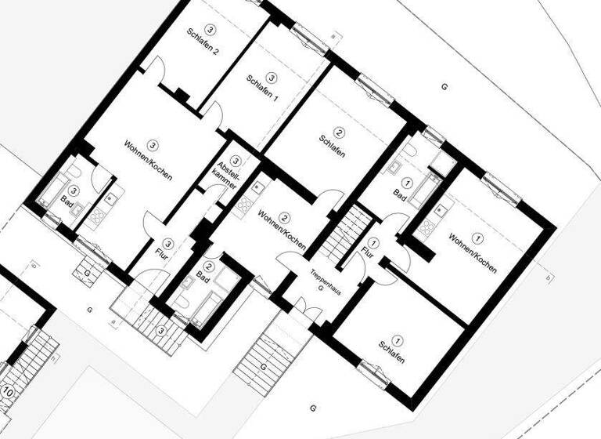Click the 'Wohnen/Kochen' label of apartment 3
coord(148,161)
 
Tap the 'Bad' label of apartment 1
coord(399,194)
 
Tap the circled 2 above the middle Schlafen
coord(340,132)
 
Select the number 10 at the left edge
coord(9,390)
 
